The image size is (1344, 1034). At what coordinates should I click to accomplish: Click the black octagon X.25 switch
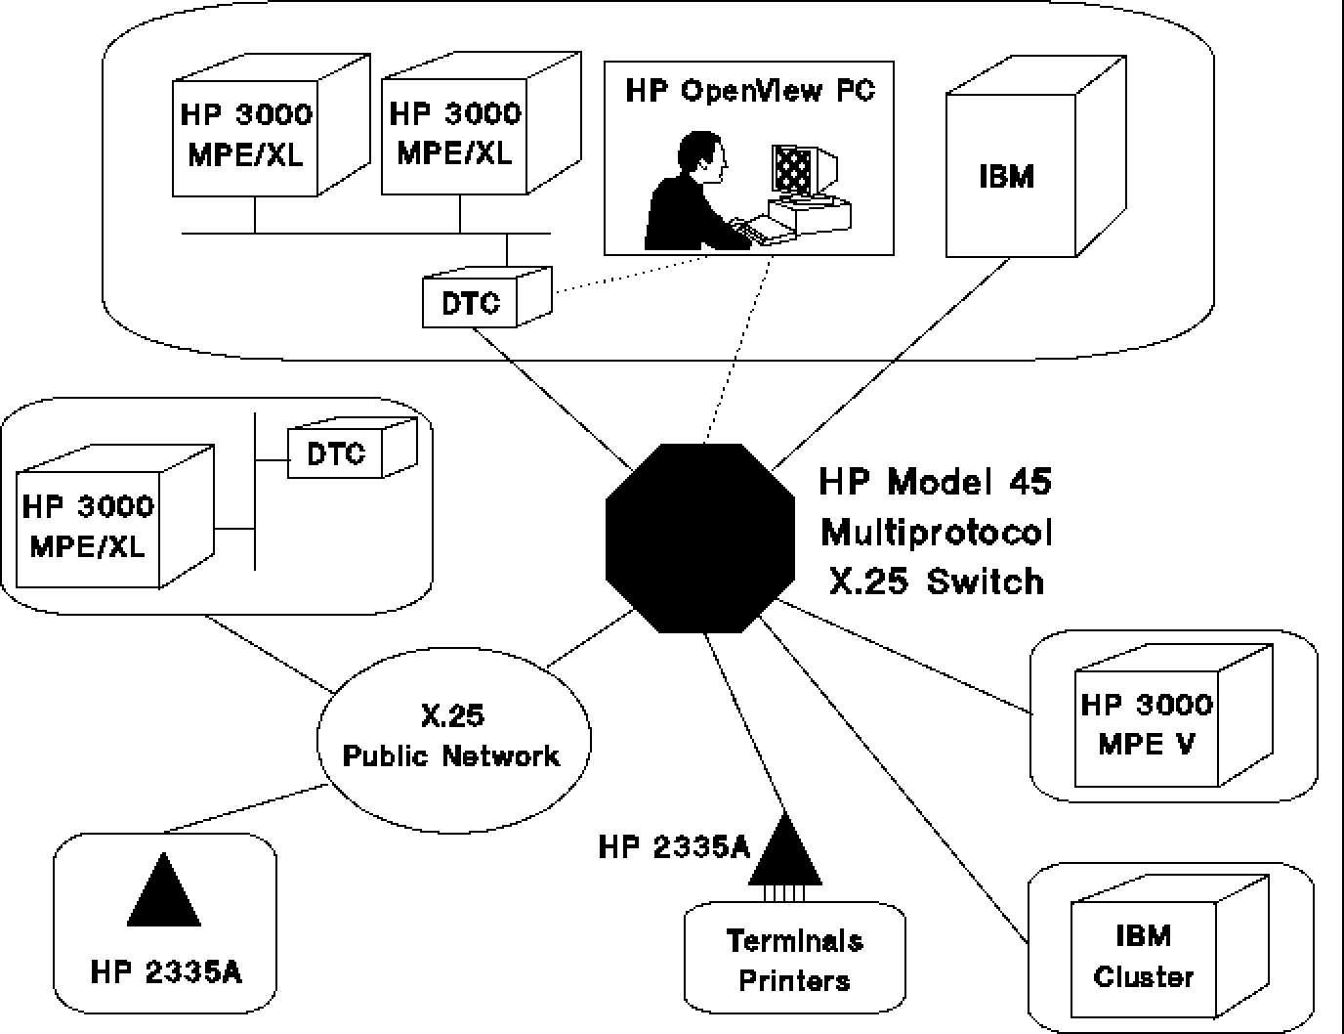coord(699,538)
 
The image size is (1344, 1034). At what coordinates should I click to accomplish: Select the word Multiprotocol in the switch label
coord(937,533)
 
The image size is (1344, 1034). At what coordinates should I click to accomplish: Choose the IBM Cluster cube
coord(1144,958)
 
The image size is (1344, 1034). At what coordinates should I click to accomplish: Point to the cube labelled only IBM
coord(1009,176)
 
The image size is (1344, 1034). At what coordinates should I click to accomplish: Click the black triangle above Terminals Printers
coord(784,850)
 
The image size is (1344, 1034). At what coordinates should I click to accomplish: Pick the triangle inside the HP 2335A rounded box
coord(164,892)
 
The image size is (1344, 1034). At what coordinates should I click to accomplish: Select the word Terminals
coord(794,940)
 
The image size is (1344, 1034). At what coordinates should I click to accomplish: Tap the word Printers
coord(794,980)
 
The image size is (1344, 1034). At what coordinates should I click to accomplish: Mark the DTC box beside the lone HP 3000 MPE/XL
coord(336,453)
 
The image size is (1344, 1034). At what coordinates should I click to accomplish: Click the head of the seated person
coord(703,156)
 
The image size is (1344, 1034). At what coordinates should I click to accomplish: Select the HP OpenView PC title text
coord(749,91)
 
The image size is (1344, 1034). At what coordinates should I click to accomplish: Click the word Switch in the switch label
coord(985,582)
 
